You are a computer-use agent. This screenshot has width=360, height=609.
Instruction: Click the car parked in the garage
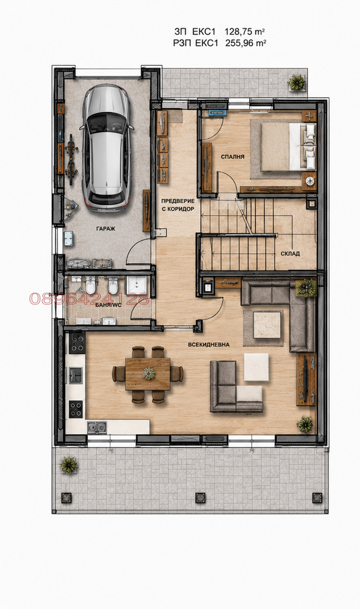[x=106, y=148]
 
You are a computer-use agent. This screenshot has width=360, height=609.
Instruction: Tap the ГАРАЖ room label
[x=106, y=229]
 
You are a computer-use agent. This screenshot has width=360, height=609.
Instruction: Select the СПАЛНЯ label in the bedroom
[x=233, y=157]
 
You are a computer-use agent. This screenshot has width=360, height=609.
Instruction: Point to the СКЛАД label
[x=290, y=254]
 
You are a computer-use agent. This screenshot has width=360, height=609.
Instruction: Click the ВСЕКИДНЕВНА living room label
[x=209, y=345]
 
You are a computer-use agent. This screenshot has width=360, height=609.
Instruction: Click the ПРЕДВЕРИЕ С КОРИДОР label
[x=178, y=205]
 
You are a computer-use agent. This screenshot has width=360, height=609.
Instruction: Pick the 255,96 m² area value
[x=245, y=44]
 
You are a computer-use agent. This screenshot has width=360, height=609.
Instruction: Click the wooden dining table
[x=148, y=374]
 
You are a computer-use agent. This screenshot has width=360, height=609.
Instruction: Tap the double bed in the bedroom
[x=288, y=147]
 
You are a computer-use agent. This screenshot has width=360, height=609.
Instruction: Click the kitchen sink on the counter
[x=97, y=427]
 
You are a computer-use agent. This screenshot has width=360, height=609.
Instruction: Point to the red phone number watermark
[x=89, y=298]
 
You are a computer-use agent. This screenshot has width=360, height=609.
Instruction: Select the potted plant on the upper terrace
[x=297, y=82]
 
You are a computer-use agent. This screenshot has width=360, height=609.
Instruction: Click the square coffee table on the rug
[x=267, y=325]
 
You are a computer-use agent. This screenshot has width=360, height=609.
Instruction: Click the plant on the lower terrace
[x=69, y=465]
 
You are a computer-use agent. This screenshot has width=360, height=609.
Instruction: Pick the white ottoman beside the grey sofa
[x=256, y=367]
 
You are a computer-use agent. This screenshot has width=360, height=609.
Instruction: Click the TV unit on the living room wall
[x=306, y=379]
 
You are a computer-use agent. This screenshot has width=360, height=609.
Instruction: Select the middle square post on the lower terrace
[x=200, y=498]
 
